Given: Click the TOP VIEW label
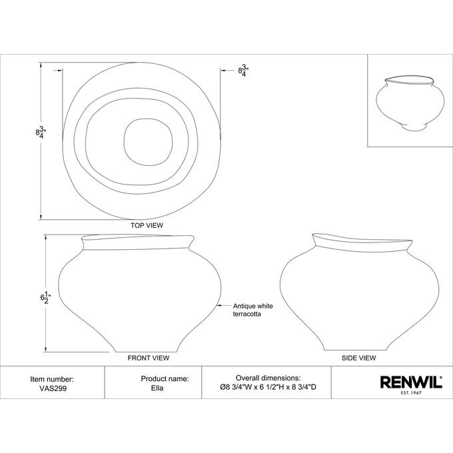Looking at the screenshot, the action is [147, 225].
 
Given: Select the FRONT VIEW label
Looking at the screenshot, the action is [149, 358].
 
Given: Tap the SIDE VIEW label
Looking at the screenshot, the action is [359, 358].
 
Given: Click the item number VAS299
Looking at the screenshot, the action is [53, 388].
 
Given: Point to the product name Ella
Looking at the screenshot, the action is [157, 388].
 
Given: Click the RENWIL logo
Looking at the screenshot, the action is [411, 382].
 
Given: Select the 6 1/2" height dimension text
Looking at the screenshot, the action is [46, 298].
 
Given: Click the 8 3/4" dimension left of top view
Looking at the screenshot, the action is [41, 133].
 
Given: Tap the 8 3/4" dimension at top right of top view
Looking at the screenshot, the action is [243, 71].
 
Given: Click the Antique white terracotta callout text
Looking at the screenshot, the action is [252, 310].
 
